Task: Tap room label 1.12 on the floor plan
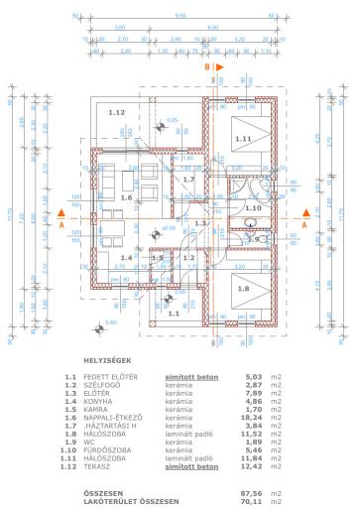pos(117,113)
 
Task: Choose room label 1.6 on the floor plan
pos(126,198)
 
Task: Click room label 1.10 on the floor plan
pos(252,208)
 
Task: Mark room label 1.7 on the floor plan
pos(189,180)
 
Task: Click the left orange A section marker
pos(61,225)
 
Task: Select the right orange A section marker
pos(304,224)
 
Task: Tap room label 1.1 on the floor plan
pos(173,313)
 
